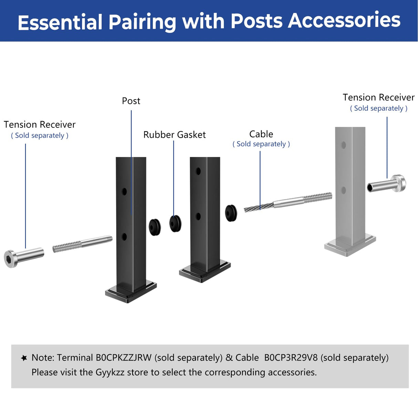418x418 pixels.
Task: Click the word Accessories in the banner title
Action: (x=344, y=21)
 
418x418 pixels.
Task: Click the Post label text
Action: (x=131, y=101)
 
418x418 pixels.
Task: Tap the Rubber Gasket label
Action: (x=174, y=135)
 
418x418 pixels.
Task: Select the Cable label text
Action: (x=261, y=134)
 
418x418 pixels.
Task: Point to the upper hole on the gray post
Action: (x=343, y=145)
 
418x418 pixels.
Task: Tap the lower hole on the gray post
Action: (x=343, y=190)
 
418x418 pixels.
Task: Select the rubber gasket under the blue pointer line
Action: (x=176, y=223)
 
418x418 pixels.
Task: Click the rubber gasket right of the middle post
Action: (x=231, y=213)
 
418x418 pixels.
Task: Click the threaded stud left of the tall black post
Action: (x=67, y=247)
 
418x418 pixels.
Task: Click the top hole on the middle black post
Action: (x=198, y=171)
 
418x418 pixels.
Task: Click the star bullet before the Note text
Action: (x=24, y=358)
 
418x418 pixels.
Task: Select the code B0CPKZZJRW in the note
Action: (x=124, y=358)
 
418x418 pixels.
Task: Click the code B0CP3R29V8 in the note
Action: (x=291, y=358)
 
